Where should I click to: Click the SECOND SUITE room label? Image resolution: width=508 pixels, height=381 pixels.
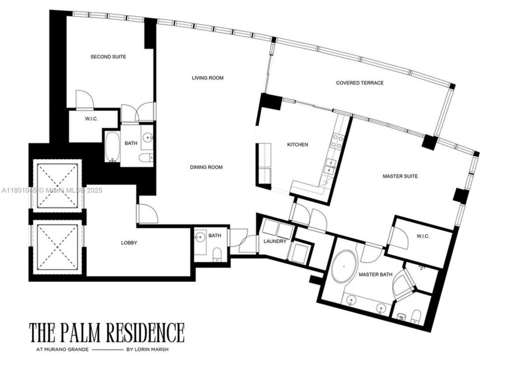point(108,57)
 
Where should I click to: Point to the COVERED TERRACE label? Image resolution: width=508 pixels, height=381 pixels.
point(360,83)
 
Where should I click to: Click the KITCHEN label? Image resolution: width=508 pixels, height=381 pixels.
point(298,145)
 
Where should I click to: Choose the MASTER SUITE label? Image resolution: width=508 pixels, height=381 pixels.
point(400,177)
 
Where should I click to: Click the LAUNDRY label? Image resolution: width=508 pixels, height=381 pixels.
point(275,242)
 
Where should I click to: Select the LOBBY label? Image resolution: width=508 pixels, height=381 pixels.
point(129,243)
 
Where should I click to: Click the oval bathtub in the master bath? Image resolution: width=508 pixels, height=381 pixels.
point(344,266)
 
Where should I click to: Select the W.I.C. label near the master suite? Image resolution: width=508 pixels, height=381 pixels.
point(422,236)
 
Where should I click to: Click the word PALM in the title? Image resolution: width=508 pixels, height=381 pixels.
point(82,333)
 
